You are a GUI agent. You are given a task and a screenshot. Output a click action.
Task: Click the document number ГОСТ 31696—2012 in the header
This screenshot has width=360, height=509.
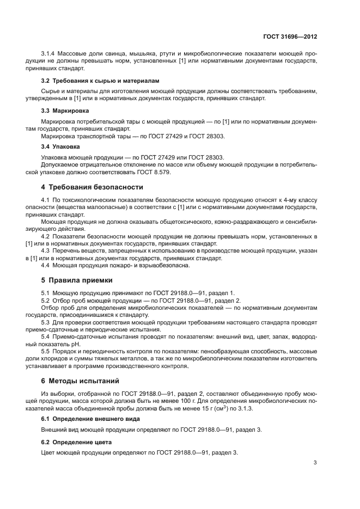pos(288,36)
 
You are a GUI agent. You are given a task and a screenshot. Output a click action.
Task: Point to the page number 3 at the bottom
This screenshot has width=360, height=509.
pos(315,463)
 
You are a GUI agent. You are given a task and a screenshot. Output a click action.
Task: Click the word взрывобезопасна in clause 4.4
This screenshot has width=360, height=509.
pos(164,265)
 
